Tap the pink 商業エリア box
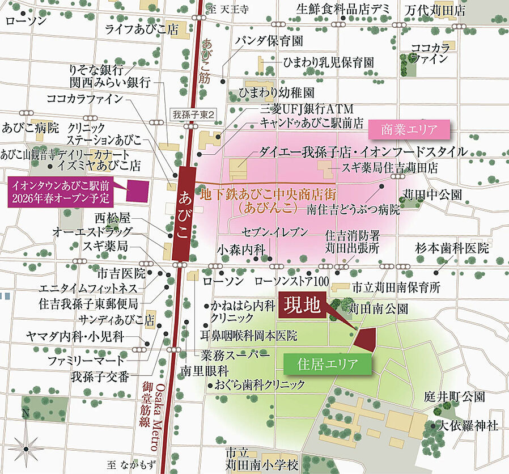click(410, 129)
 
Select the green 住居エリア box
click(328, 363)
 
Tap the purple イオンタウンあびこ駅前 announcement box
click(61, 191)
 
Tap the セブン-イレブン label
click(274, 232)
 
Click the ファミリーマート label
click(94, 360)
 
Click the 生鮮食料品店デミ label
click(351, 10)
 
